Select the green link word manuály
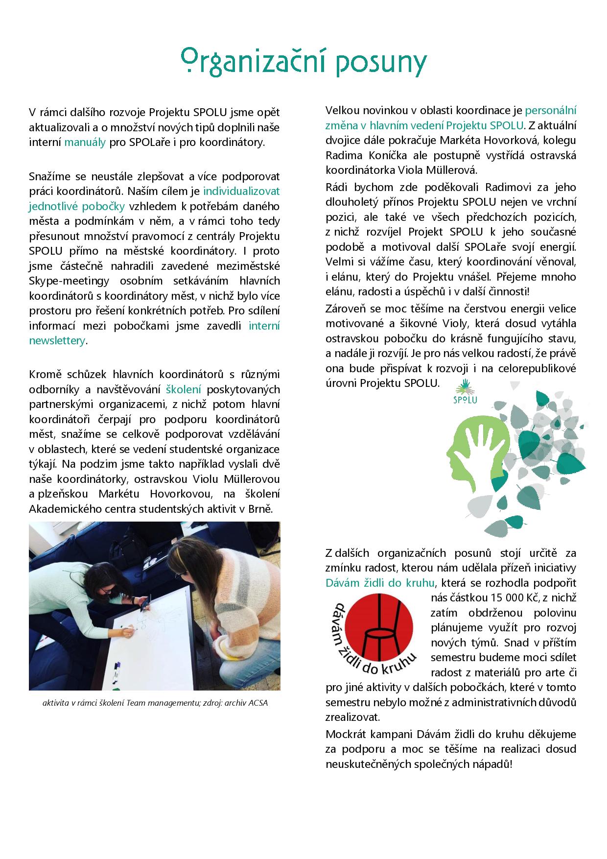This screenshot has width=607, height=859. [x=85, y=143]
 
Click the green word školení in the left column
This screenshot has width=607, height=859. [x=184, y=390]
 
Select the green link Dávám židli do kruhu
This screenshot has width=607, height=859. [x=380, y=583]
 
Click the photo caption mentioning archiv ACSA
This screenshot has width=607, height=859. [x=155, y=703]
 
